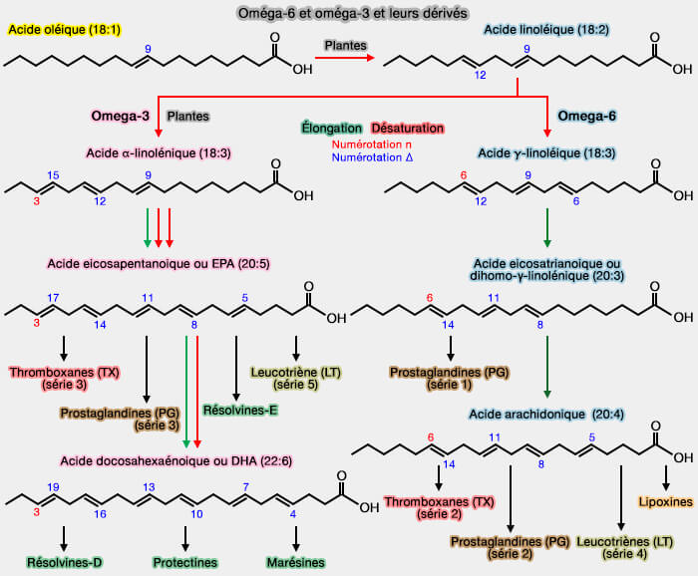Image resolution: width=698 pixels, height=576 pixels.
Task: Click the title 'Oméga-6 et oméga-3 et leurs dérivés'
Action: pos(348,12)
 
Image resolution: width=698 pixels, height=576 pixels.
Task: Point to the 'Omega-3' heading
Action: pos(121,116)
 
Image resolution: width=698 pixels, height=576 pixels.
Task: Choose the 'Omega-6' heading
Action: pos(587,116)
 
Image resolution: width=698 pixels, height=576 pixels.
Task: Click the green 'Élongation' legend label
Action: pos(331,129)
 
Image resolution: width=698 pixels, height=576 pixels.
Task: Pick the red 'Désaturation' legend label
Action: pos(407,129)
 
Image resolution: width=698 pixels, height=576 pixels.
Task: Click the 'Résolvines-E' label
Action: pos(234,410)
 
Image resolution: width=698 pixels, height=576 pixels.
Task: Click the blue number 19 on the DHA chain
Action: pos(54,487)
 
